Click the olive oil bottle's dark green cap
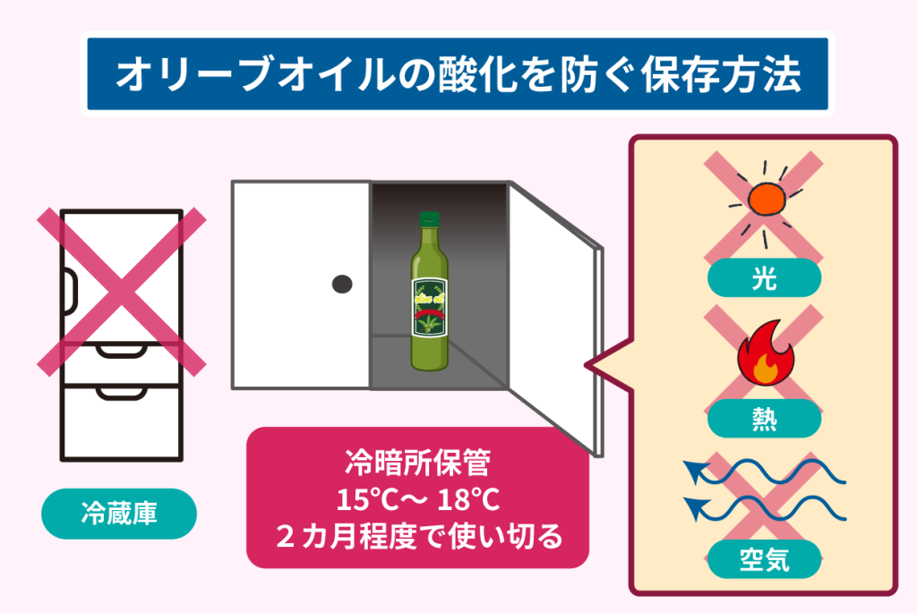pyautogui.click(x=430, y=219)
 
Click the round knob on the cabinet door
pyautogui.click(x=341, y=284)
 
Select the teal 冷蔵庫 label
pyautogui.click(x=118, y=514)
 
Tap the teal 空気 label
pyautogui.click(x=763, y=560)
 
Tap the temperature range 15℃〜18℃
pyautogui.click(x=416, y=501)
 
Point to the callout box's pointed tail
pyautogui.click(x=596, y=365)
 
